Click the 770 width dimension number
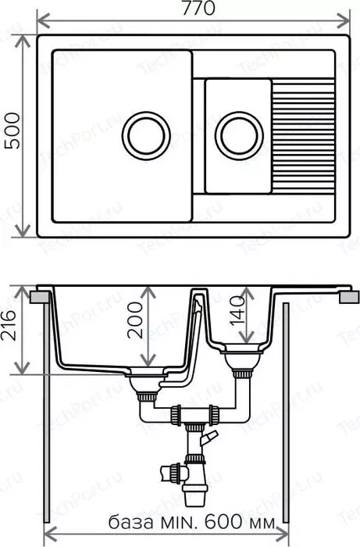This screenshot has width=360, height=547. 198,8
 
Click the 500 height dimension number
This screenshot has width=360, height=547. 13,130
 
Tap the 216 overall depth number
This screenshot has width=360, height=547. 9,325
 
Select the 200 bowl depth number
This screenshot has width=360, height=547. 135,320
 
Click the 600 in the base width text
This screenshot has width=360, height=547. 223,522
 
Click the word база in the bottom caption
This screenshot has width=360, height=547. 131,523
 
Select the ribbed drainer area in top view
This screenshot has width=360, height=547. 303,136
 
